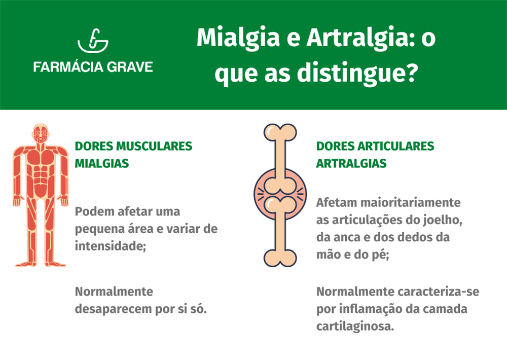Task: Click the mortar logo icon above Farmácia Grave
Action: tap(93, 43)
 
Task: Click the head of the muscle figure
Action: tap(40, 133)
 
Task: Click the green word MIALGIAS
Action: tap(102, 164)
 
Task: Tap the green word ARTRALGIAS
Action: tap(351, 164)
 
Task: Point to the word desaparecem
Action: tap(112, 309)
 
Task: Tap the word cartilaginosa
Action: tap(355, 327)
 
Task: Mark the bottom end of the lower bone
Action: tap(280, 259)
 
